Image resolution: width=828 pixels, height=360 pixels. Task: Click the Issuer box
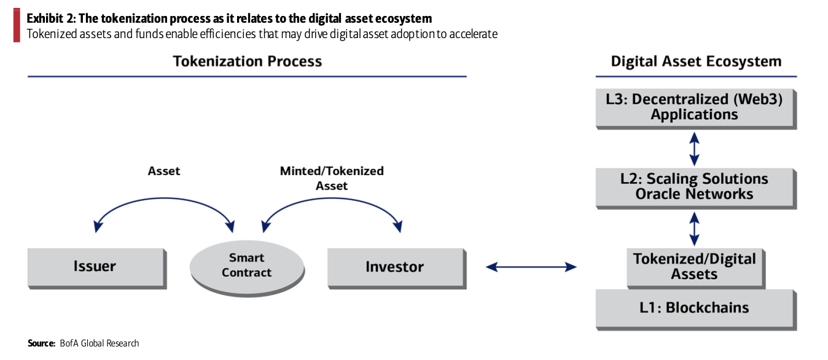[95, 267]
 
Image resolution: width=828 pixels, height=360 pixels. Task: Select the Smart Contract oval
[246, 266]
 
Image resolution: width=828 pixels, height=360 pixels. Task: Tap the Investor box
[395, 267]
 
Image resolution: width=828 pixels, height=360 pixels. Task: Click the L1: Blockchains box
[695, 308]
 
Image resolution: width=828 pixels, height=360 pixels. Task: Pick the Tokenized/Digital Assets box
[695, 267]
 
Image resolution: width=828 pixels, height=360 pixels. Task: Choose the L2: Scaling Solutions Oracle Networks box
[695, 187]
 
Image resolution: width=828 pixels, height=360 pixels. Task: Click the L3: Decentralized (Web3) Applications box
[695, 107]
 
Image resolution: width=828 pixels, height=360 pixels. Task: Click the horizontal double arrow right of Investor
[531, 267]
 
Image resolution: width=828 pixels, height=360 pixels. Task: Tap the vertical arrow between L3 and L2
[695, 148]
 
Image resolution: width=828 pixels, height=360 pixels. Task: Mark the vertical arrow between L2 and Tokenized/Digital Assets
[695, 229]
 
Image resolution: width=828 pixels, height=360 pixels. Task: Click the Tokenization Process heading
[247, 61]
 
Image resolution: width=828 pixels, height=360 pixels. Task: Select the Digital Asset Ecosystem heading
[696, 61]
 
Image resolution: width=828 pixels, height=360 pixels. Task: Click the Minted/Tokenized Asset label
[332, 178]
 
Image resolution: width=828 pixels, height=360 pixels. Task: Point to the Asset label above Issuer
[164, 171]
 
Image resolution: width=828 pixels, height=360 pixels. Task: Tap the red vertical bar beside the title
[17, 26]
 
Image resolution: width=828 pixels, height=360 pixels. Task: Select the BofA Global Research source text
[99, 343]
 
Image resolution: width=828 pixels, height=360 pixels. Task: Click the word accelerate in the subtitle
[473, 34]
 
